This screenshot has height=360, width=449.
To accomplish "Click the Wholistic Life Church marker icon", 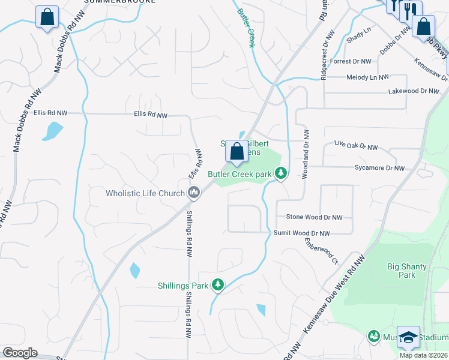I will (x=193, y=193).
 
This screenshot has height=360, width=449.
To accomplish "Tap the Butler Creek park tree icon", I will (x=280, y=174).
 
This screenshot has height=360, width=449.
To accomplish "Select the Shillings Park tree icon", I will (x=218, y=286).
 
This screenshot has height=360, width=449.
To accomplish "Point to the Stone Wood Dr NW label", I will (x=314, y=217).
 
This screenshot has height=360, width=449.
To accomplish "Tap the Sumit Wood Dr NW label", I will (x=302, y=233).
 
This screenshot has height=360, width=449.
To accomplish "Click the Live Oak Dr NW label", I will (x=356, y=146).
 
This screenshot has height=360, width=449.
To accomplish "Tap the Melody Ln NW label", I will (x=367, y=77).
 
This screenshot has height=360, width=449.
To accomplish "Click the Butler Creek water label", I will (x=246, y=28).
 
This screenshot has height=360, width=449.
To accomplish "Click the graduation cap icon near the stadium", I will (x=408, y=338).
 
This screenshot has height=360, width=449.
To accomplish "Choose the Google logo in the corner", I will (x=20, y=353).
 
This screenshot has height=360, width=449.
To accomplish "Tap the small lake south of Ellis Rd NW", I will (x=53, y=131).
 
